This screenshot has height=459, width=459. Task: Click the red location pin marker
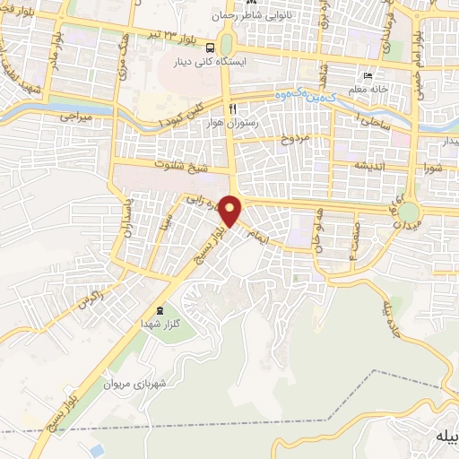pos(231,211)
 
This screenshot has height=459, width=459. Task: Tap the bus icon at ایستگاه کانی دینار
pos(210,48)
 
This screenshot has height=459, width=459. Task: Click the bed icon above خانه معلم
pos(368,75)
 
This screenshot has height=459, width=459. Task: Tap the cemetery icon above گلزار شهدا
pos(160,310)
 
